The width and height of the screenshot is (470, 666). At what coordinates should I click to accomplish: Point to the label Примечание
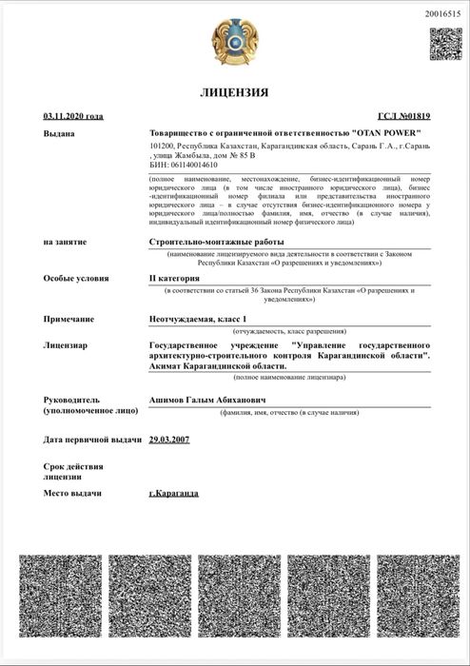point(69,316)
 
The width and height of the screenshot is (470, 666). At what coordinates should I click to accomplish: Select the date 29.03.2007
point(171,440)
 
